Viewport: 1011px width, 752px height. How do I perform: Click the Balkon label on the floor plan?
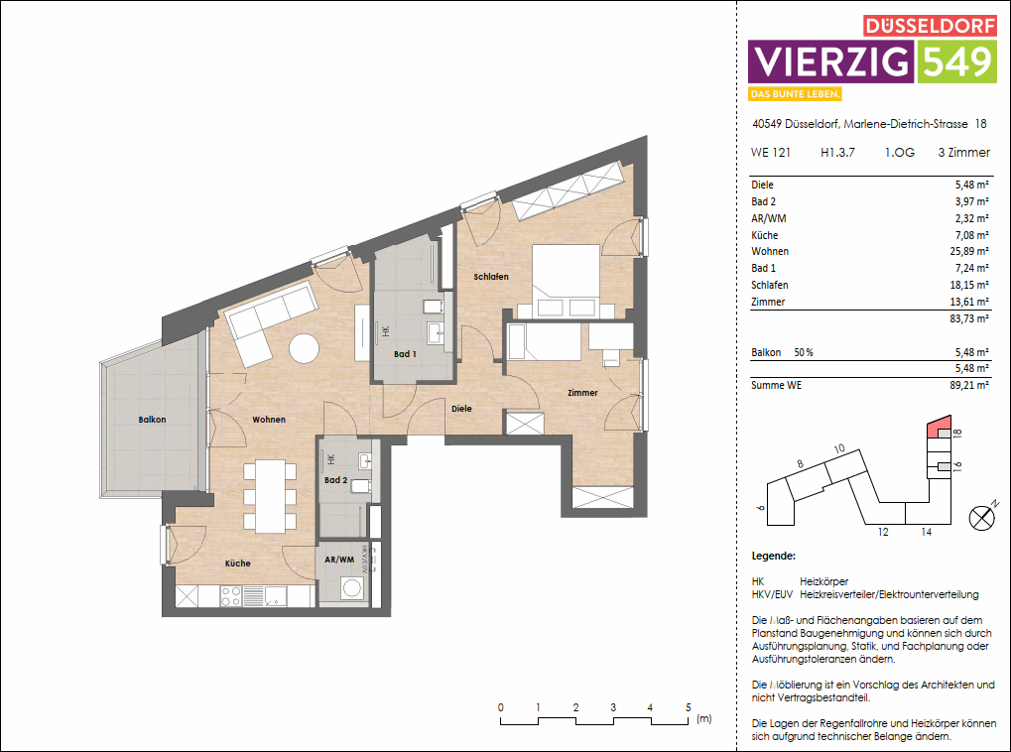click(152, 420)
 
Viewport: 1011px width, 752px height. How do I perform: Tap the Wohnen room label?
click(268, 420)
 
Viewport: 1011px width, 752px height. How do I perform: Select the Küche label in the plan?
click(237, 564)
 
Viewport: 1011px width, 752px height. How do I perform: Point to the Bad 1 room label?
click(405, 354)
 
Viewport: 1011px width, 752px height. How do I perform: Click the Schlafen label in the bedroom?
click(490, 277)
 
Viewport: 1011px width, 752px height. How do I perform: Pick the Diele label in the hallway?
click(461, 408)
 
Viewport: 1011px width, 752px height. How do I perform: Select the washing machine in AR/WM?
click(351, 589)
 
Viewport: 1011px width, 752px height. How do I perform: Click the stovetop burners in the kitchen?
click(230, 596)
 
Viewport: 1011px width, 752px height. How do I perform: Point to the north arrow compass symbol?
click(982, 517)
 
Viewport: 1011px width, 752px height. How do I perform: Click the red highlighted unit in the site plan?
click(935, 429)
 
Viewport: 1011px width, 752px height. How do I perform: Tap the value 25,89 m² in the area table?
click(969, 252)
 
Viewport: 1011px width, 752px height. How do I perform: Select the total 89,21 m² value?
click(969, 385)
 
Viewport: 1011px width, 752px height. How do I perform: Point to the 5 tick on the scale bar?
click(688, 707)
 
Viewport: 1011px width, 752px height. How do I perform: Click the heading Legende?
click(774, 558)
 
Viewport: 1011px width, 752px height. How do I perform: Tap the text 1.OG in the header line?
click(899, 153)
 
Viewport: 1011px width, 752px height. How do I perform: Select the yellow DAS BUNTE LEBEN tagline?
click(796, 94)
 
